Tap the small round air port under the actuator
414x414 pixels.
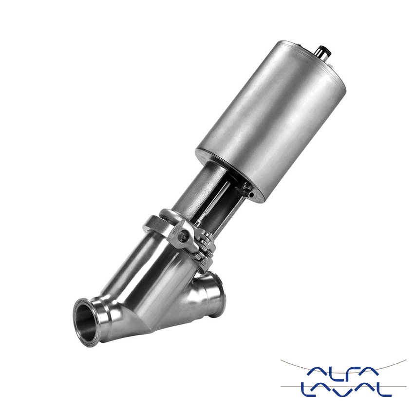[251, 195]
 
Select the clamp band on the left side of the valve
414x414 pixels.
[156, 222]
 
